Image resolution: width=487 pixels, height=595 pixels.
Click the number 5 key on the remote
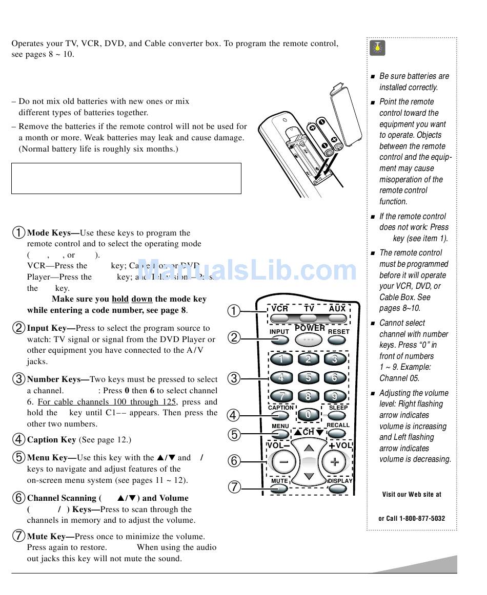(x=308, y=378)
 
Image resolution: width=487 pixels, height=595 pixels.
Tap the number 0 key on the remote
(x=308, y=414)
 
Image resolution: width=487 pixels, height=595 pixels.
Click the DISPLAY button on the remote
(x=338, y=488)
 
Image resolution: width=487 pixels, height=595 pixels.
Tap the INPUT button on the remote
(x=279, y=340)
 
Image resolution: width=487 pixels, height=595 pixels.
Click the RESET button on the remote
(x=337, y=340)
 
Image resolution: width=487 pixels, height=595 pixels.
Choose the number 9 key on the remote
(x=335, y=396)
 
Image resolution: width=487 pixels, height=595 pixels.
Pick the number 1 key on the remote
(x=281, y=359)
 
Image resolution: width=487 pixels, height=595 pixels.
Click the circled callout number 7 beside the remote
(x=234, y=486)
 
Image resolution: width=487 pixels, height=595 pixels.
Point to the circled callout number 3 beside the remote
(x=234, y=378)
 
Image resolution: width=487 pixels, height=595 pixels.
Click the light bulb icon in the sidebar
(x=377, y=48)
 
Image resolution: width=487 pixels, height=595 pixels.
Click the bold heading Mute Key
(x=50, y=536)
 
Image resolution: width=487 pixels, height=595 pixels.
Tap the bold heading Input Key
(x=51, y=328)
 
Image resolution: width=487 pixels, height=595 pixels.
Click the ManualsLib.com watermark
(x=247, y=270)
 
